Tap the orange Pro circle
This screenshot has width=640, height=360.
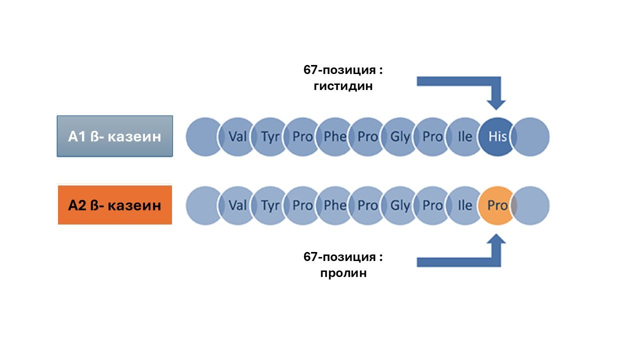point(496,205)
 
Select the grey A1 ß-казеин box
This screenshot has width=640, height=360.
point(115,136)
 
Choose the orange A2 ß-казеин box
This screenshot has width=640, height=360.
point(115,205)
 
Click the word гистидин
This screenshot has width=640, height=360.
point(343,86)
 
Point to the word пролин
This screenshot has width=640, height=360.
point(343,273)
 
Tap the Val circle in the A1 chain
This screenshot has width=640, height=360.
point(237,136)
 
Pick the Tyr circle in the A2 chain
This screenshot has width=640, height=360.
point(270,205)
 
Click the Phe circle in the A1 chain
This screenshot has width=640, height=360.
point(334,136)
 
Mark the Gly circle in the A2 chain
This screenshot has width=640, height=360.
point(399,205)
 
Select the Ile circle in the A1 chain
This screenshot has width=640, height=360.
point(464,136)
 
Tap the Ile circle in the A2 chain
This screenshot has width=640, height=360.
point(464,205)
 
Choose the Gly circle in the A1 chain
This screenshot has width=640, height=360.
point(399,136)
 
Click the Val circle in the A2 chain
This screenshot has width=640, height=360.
point(237,205)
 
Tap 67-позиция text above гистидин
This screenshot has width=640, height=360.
point(343,70)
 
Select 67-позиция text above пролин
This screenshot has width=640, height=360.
point(343,257)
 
